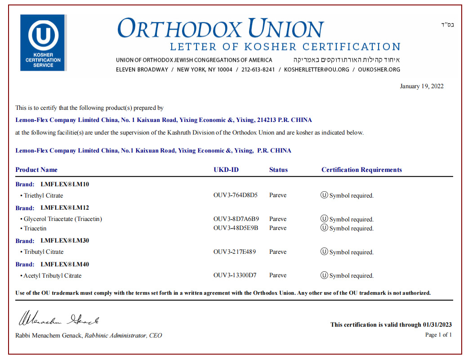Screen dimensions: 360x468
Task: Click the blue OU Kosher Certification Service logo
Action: [x=43, y=43]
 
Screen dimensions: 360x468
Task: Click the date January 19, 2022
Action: [x=421, y=86]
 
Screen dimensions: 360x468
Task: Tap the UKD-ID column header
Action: [x=226, y=170]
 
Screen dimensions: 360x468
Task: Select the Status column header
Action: [x=278, y=170]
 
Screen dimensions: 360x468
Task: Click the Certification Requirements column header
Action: [x=361, y=170]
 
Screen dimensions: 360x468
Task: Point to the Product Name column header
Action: [x=36, y=170]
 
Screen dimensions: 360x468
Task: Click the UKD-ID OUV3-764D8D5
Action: [x=236, y=195]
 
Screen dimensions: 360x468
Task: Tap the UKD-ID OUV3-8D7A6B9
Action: [x=236, y=219]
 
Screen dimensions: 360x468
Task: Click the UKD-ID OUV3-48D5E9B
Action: [x=236, y=228]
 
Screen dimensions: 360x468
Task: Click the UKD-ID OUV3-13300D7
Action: [x=235, y=275]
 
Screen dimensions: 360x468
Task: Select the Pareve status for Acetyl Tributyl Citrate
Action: [x=278, y=275]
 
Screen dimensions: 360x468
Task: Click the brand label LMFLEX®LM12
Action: [x=65, y=208]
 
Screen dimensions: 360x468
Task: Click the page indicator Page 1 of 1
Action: [x=438, y=335]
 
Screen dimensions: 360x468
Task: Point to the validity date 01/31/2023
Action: [x=437, y=324]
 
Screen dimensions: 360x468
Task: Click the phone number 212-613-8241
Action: [x=258, y=70]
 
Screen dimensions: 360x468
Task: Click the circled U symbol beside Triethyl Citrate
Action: [x=324, y=195]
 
